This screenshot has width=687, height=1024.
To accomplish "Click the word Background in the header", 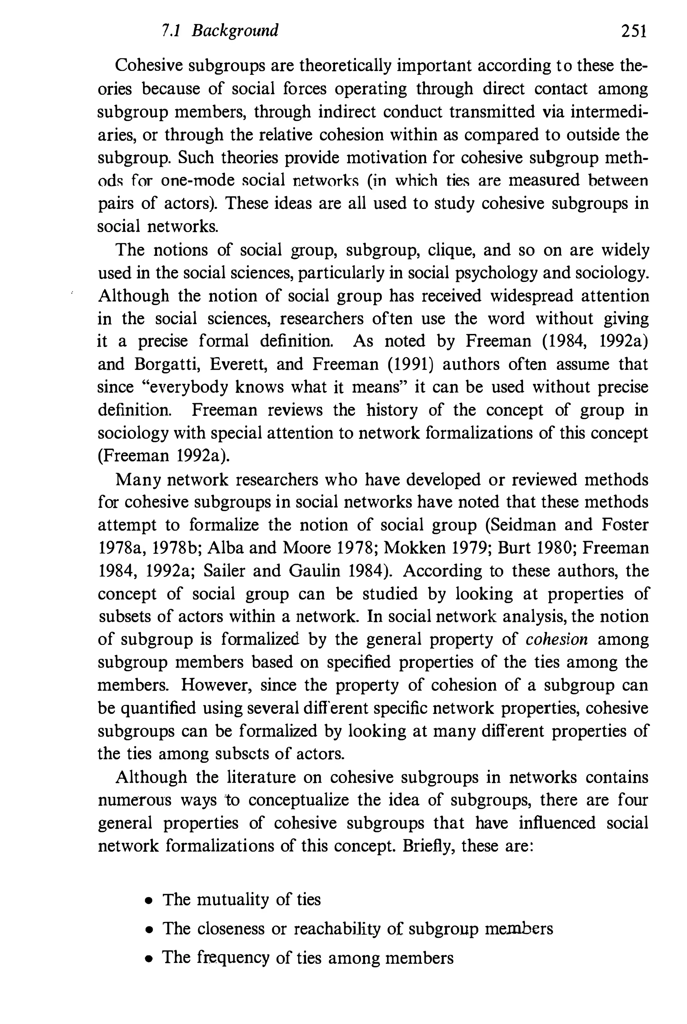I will [x=235, y=31].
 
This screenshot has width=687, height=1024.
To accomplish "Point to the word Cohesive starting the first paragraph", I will [x=148, y=66].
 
